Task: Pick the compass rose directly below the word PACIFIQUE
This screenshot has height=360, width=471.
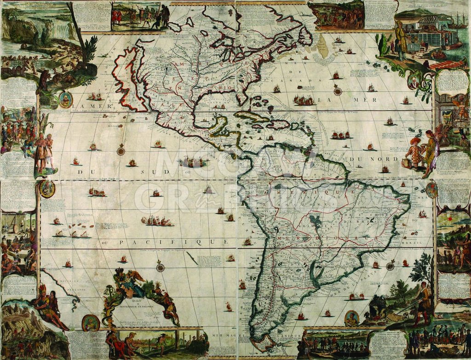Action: (x=160, y=267)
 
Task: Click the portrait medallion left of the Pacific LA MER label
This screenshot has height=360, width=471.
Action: (x=65, y=99)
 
